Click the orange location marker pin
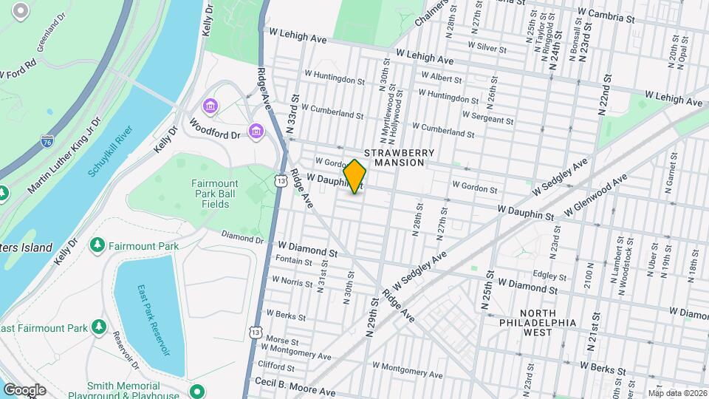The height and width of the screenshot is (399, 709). pyautogui.click(x=355, y=177)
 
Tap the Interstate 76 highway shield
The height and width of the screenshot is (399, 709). pyautogui.click(x=47, y=140)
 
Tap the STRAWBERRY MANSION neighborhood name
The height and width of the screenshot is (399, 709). pyautogui.click(x=400, y=157)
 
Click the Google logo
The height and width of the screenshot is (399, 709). pyautogui.click(x=24, y=389)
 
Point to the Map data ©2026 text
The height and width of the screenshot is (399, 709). pyautogui.click(x=677, y=393)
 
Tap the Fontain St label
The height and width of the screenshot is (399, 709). pyautogui.click(x=293, y=261)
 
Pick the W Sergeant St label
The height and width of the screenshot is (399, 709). pyautogui.click(x=487, y=117)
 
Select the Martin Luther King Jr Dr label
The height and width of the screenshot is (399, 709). pyautogui.click(x=64, y=156)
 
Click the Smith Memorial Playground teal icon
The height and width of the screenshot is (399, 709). pyautogui.click(x=196, y=390)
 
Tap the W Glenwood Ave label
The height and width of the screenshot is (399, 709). pyautogui.click(x=595, y=196)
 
